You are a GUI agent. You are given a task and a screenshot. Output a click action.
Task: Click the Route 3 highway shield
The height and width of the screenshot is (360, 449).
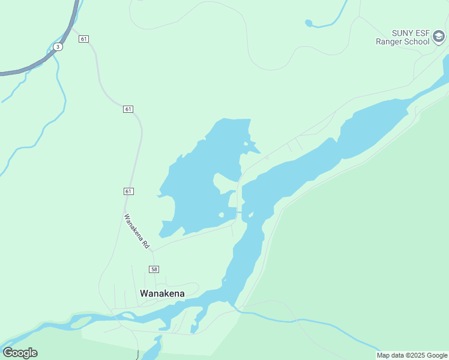click(x=58, y=46)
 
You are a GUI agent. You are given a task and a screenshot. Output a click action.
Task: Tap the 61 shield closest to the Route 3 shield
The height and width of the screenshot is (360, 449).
click(x=83, y=39)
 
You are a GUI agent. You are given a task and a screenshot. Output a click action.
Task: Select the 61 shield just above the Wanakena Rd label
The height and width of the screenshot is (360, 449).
click(x=128, y=191)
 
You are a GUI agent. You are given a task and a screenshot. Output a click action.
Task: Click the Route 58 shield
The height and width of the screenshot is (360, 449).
click(x=154, y=269)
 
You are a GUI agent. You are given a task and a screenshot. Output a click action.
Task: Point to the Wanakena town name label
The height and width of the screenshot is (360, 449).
click(x=162, y=293)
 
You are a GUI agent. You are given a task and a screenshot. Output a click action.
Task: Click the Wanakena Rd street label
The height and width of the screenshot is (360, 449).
click(x=136, y=231)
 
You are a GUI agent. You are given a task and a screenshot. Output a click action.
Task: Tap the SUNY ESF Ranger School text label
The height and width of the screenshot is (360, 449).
click(x=402, y=37)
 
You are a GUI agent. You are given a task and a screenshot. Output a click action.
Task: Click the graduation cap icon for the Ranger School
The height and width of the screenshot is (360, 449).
click(x=439, y=38)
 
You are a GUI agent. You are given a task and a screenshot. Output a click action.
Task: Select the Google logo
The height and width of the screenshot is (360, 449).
click(x=20, y=353)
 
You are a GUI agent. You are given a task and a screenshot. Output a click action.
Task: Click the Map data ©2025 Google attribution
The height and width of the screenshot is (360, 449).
click(x=412, y=355)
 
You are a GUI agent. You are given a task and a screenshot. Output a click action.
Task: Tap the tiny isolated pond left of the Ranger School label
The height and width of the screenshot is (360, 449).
click(x=309, y=23)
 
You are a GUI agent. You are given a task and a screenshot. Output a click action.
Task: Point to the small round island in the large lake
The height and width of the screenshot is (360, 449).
click(x=221, y=215)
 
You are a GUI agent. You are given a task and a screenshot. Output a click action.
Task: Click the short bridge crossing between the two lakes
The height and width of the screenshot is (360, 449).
click(x=240, y=212)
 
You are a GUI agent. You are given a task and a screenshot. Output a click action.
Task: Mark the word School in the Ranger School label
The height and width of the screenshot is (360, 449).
click(x=417, y=41)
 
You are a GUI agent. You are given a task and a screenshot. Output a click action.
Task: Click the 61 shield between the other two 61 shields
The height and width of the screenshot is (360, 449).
click(x=128, y=109)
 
